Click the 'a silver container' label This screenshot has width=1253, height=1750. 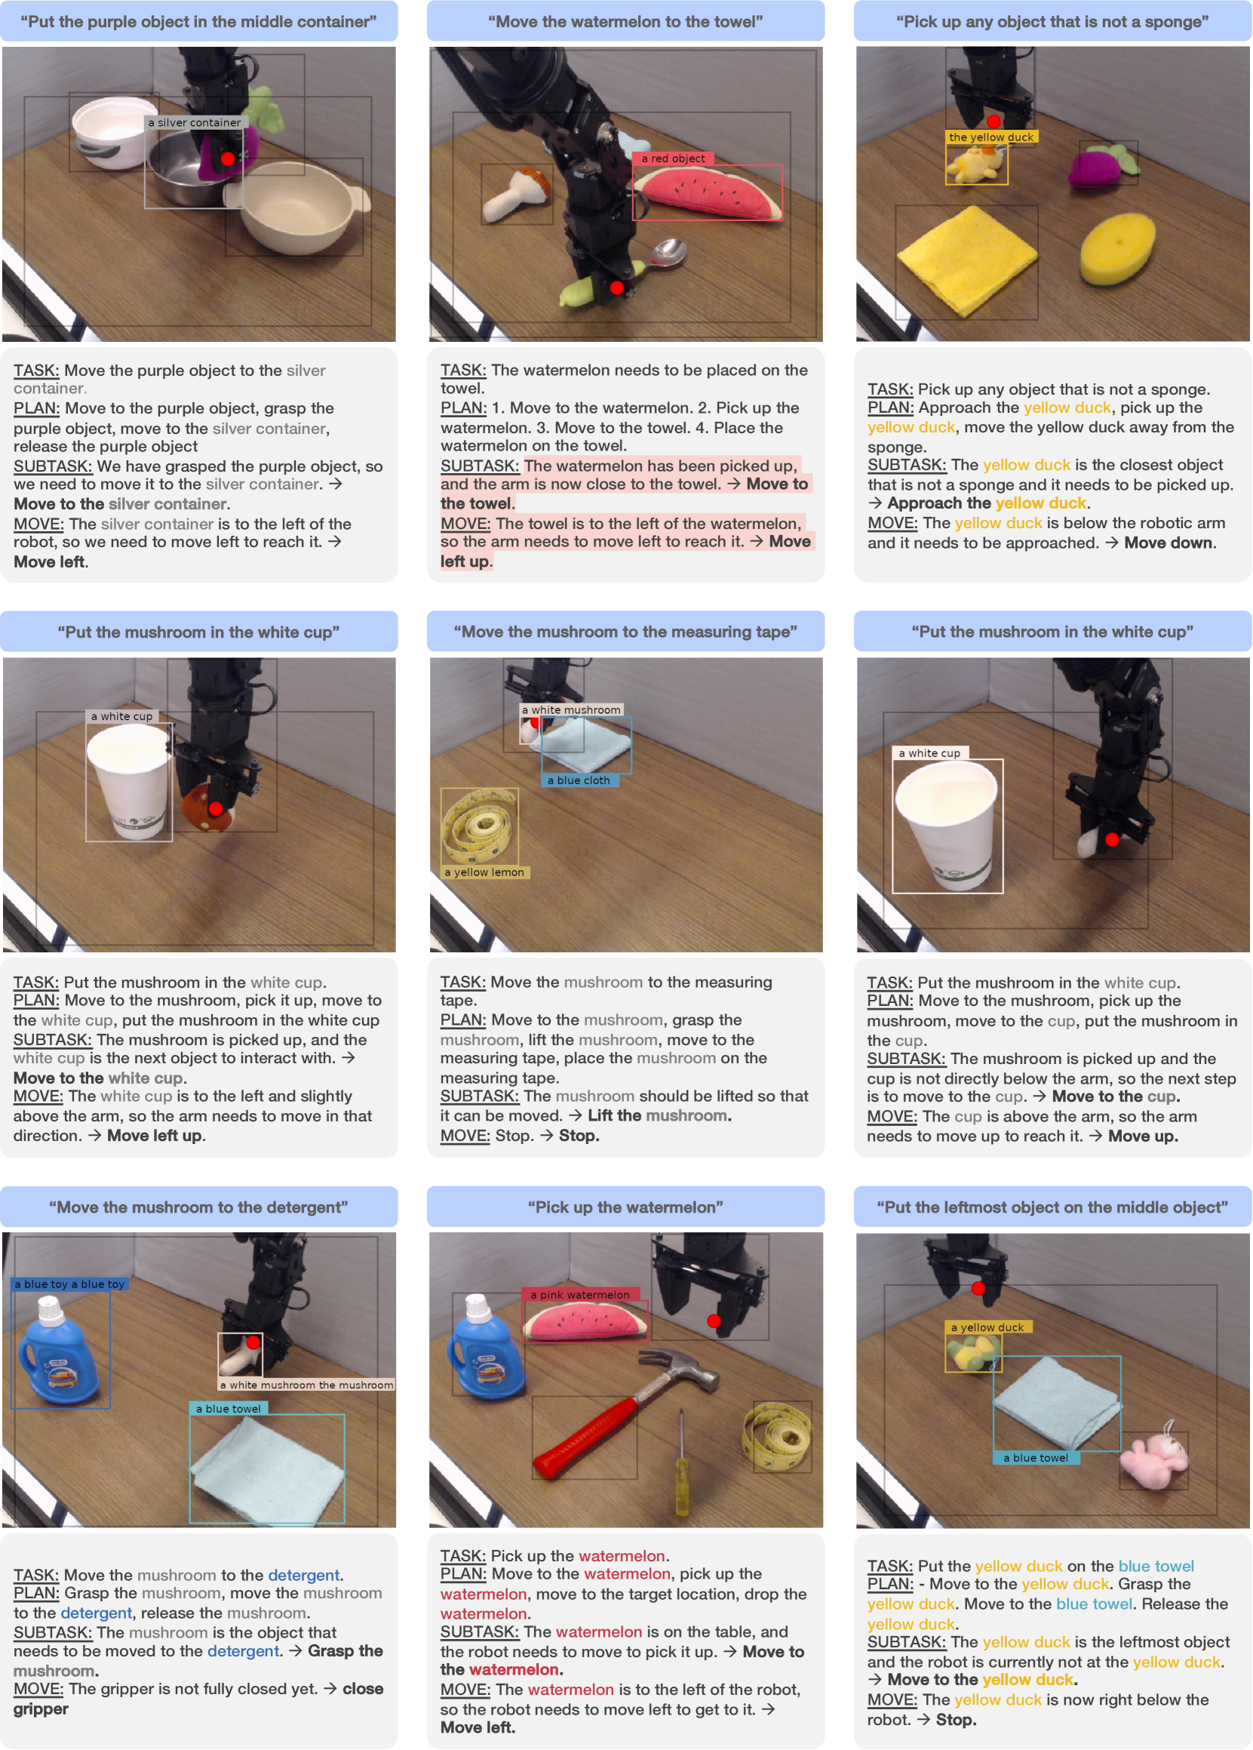195,123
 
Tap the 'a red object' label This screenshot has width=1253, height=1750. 673,158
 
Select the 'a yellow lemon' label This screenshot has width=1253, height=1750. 484,872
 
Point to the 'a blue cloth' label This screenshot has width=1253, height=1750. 579,780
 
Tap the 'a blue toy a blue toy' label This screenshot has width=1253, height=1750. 69,1284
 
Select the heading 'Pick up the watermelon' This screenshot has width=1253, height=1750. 625,1207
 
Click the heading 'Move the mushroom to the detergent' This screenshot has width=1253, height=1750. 199,1207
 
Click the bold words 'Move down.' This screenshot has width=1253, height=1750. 1170,543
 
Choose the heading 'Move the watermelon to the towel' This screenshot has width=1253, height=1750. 625,22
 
